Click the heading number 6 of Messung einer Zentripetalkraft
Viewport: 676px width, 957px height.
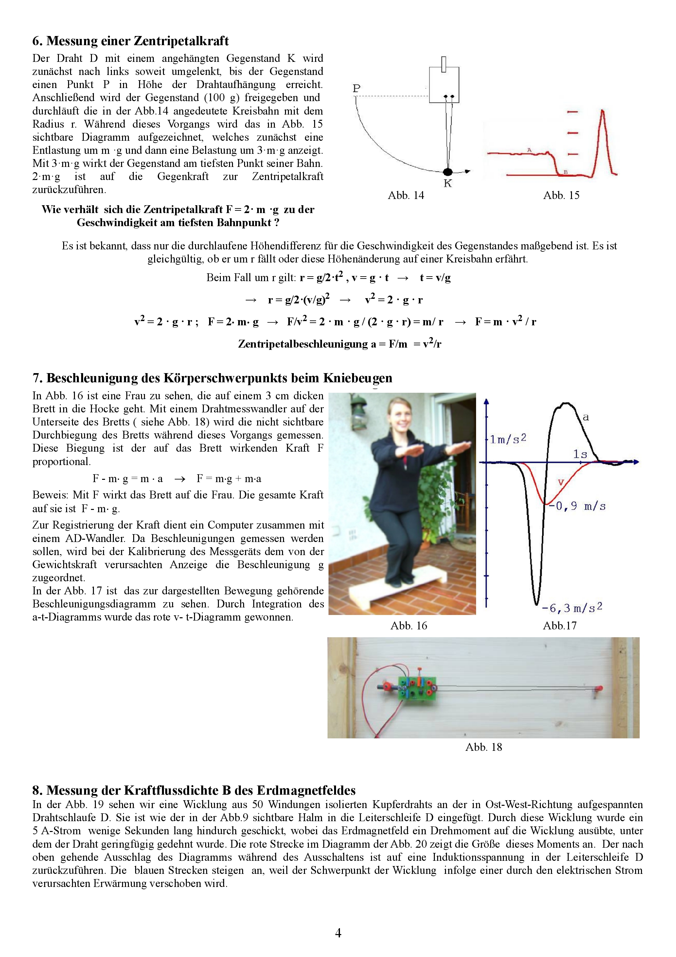pos(37,41)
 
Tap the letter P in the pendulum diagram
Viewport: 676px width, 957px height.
pos(356,88)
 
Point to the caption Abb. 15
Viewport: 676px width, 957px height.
pos(561,195)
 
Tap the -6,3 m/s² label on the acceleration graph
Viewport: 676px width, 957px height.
pos(572,608)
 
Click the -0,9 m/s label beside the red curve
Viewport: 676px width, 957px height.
pos(577,506)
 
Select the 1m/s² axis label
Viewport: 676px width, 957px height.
pos(507,439)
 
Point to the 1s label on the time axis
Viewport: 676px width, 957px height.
pos(580,454)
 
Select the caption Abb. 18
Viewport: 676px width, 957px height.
pos(484,747)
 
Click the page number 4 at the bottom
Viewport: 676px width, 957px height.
pos(338,933)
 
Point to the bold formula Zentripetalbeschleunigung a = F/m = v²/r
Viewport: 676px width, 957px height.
pos(339,344)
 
